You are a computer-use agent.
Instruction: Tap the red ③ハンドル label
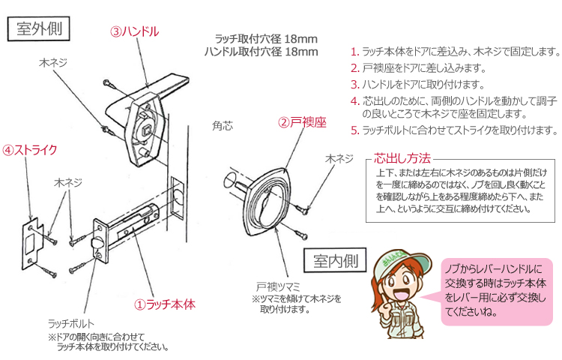coord(134,32)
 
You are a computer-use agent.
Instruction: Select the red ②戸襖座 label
coord(303,121)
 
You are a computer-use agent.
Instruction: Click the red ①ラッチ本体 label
coord(164,304)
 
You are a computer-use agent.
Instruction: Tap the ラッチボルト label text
coord(70,323)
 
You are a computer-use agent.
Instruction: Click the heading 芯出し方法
coord(402,158)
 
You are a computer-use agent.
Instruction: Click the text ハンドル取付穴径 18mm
coord(261,52)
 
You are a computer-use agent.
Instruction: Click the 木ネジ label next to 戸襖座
coord(339,159)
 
